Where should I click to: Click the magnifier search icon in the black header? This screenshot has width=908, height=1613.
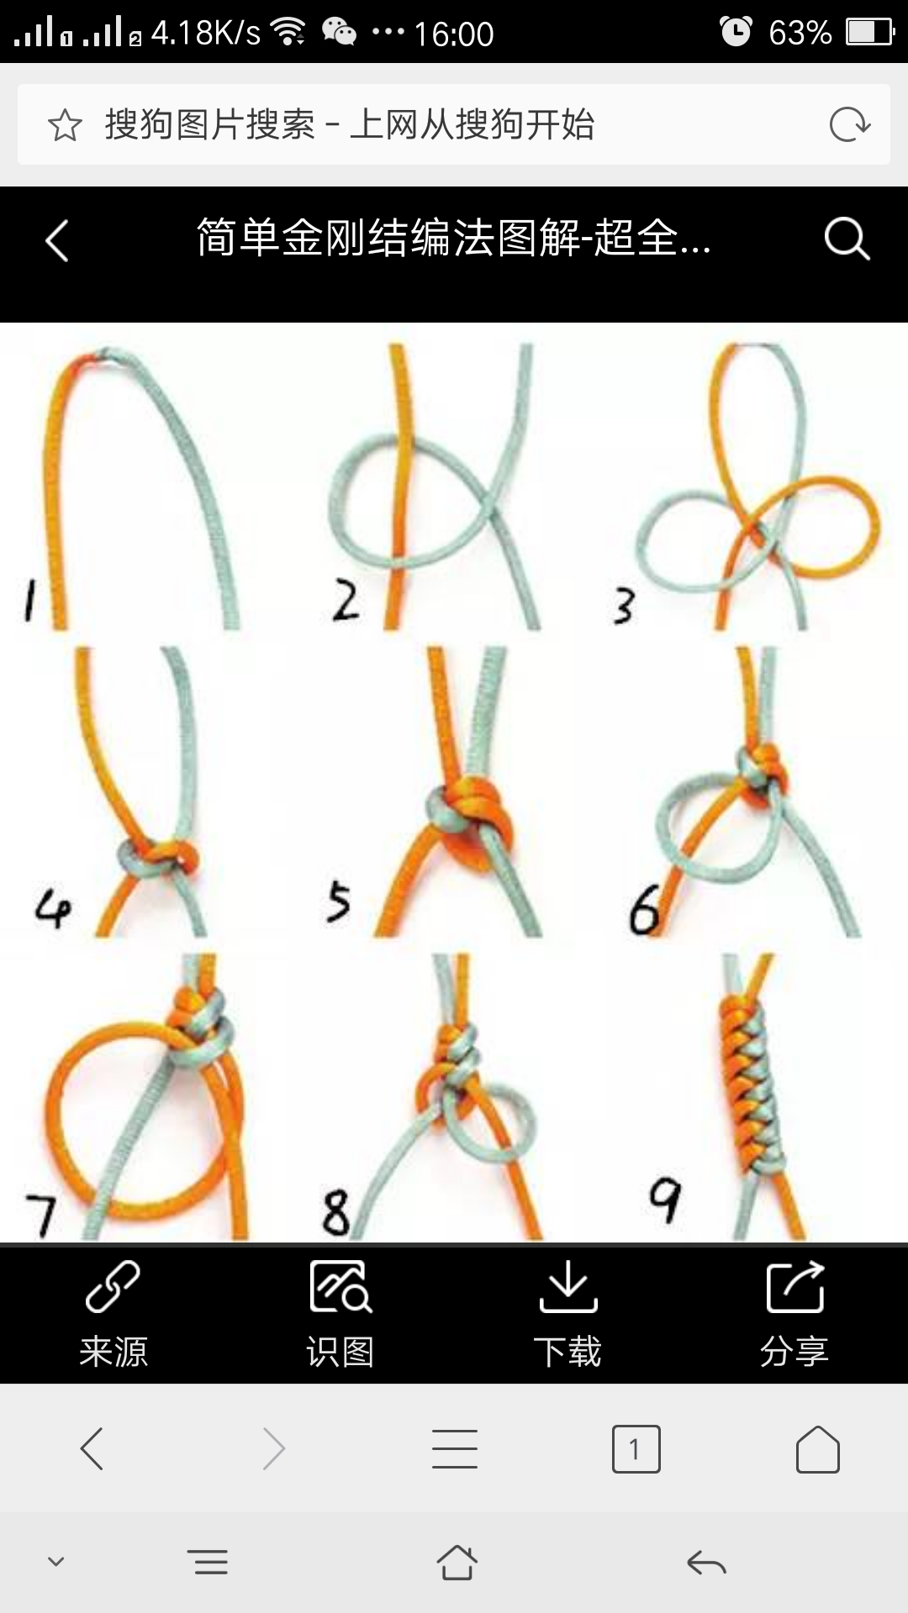tap(847, 239)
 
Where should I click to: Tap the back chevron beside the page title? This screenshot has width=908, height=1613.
tap(56, 241)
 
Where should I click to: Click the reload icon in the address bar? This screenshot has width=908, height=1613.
tap(849, 125)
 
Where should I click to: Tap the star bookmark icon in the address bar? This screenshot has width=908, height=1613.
tap(65, 126)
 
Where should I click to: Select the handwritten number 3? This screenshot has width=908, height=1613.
tap(623, 607)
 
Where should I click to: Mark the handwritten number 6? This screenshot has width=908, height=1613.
tap(644, 909)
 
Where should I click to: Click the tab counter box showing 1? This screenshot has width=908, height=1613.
tap(636, 1449)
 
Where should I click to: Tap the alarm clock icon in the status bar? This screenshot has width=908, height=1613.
tap(736, 32)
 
